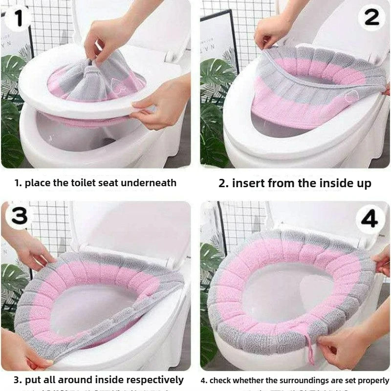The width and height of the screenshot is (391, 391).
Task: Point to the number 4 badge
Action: click(x=369, y=219)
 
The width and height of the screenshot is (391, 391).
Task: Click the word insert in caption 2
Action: click(x=248, y=183)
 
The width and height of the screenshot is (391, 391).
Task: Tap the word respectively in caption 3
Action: click(x=156, y=379)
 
